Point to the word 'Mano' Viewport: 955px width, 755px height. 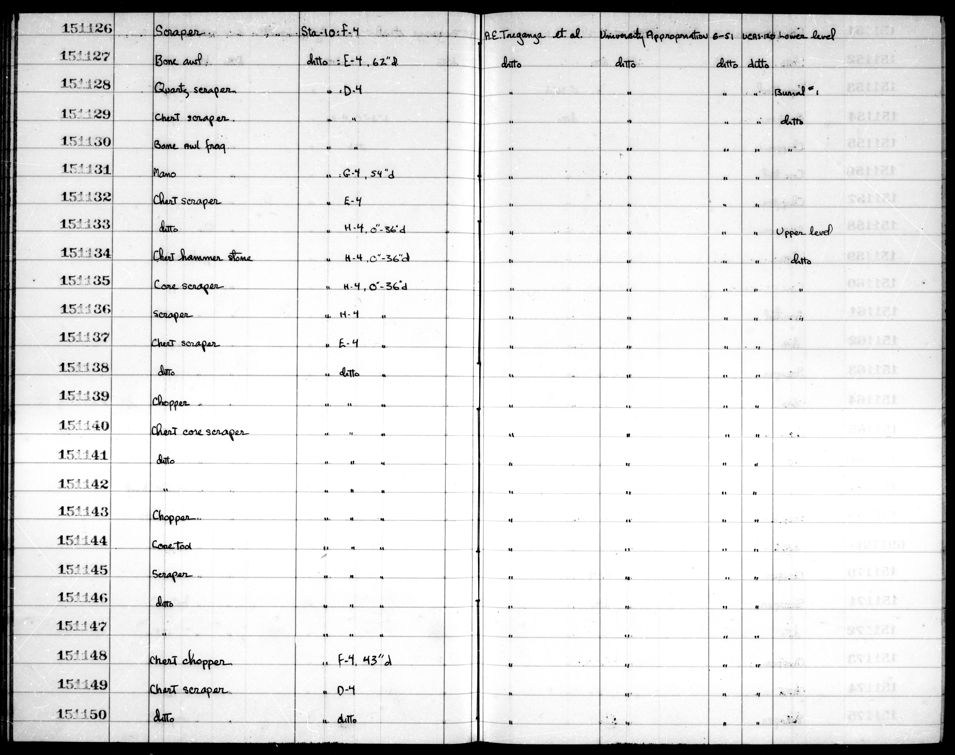coord(164,174)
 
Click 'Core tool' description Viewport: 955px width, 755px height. coord(172,546)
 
